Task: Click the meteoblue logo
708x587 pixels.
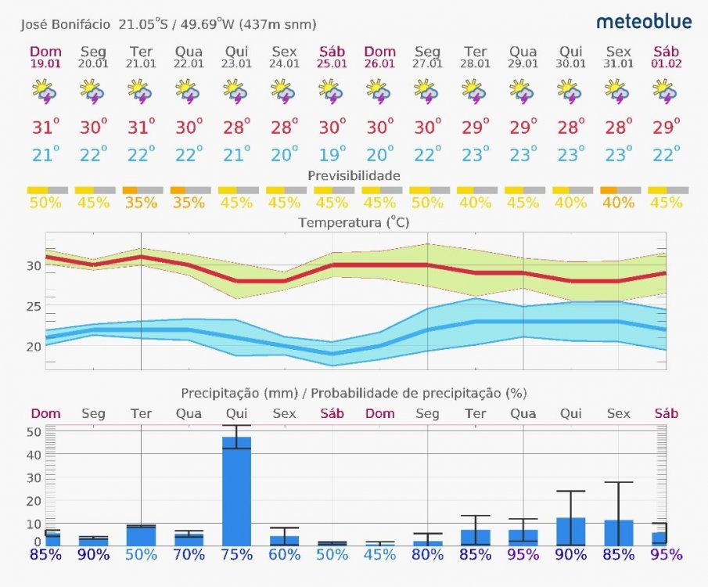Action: click(x=644, y=21)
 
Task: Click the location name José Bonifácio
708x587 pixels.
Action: click(x=66, y=24)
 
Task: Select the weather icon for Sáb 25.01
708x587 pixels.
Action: click(x=332, y=92)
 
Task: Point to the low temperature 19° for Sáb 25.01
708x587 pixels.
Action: click(x=332, y=154)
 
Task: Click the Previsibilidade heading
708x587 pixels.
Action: click(x=354, y=175)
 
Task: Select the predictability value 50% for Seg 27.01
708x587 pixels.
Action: click(x=427, y=203)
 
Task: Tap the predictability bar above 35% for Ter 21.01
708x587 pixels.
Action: click(x=142, y=190)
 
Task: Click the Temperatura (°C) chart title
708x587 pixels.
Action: click(x=354, y=223)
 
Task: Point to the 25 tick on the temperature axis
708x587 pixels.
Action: click(x=34, y=306)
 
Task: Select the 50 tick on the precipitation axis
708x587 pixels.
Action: click(x=34, y=431)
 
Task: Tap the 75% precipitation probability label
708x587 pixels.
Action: click(x=236, y=555)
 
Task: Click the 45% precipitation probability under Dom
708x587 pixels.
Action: click(x=379, y=555)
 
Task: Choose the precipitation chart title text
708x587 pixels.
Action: click(x=354, y=393)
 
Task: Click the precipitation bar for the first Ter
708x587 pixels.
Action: click(x=141, y=535)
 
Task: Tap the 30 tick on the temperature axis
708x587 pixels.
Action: click(x=34, y=266)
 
